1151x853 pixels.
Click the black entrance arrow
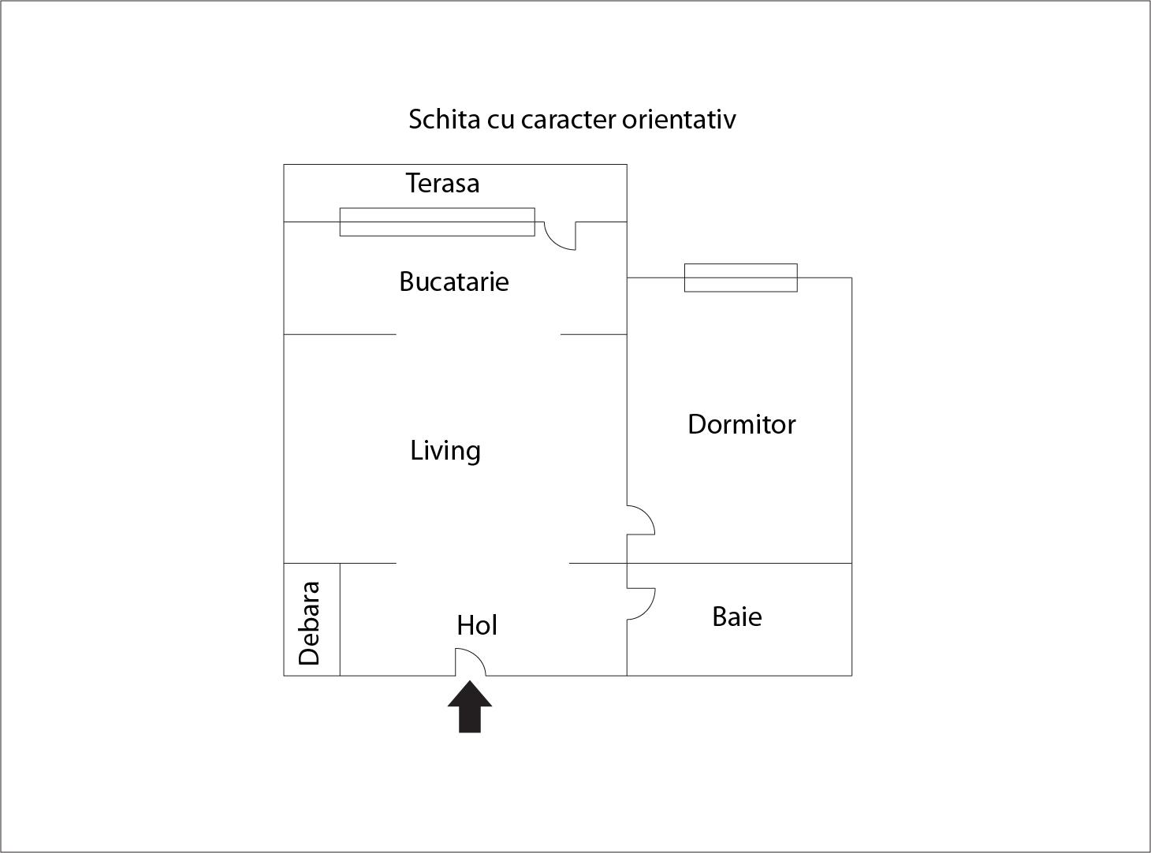coord(470,706)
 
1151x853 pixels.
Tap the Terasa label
coord(442,183)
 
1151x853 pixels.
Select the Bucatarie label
coord(454,282)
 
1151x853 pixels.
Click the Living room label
coord(445,451)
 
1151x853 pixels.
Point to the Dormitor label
coord(742,425)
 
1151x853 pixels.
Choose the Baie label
coord(737,617)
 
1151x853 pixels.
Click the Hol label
coord(477,626)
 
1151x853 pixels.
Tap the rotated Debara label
coord(309,624)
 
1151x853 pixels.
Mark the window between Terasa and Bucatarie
coord(437,222)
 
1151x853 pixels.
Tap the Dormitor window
coord(740,278)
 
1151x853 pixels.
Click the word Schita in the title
coord(444,119)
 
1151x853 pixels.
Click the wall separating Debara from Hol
coord(340,620)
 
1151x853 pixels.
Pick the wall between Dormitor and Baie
coord(739,564)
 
